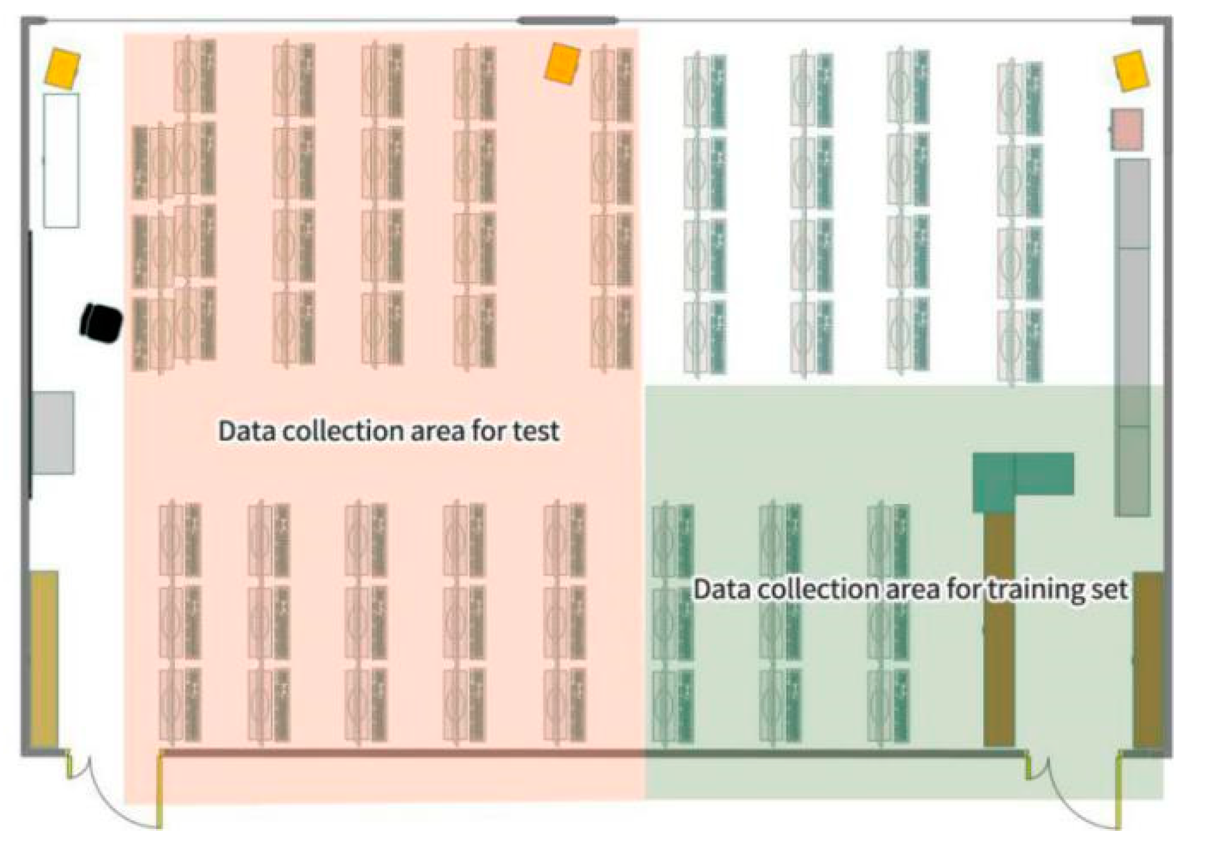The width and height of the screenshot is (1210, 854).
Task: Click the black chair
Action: tap(101, 323)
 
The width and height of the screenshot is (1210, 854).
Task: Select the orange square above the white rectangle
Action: tap(62, 68)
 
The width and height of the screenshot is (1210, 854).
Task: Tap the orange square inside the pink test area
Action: tap(561, 63)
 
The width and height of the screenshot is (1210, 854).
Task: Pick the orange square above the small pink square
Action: tap(1131, 71)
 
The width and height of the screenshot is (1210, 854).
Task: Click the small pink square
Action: tap(1127, 130)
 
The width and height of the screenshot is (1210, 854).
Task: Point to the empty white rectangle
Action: tap(61, 161)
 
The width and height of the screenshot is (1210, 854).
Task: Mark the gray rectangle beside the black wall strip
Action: tap(53, 432)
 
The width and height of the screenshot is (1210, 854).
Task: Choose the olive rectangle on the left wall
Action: tap(45, 659)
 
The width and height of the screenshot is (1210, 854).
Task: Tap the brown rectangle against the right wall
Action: tap(1148, 659)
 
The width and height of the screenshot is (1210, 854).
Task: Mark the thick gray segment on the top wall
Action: tap(567, 21)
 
